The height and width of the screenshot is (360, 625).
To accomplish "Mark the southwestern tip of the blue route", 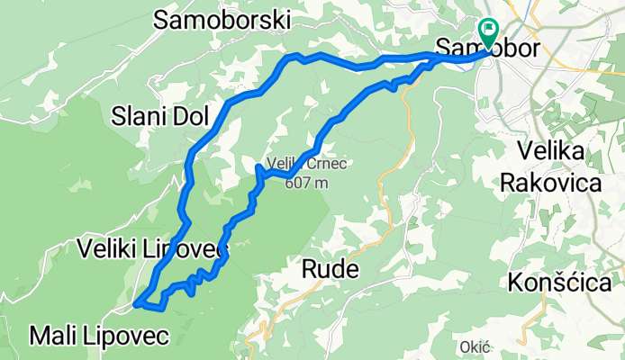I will pyautogui.click(x=136, y=304).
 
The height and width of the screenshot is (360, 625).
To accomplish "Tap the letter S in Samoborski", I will pyautogui.click(x=163, y=21).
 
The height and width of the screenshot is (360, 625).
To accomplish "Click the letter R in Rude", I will pyautogui.click(x=308, y=270).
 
